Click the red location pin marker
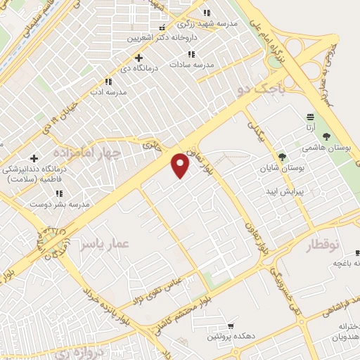click(181, 165)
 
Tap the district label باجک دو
click(262, 89)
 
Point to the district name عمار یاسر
click(104, 243)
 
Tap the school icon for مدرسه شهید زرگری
click(206, 13)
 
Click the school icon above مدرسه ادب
click(108, 82)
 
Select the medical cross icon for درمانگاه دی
click(139, 58)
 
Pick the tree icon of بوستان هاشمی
click(326, 136)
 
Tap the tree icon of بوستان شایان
click(282, 157)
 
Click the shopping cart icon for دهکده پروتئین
click(231, 326)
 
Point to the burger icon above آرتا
click(310, 116)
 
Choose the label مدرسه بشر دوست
click(59, 204)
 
